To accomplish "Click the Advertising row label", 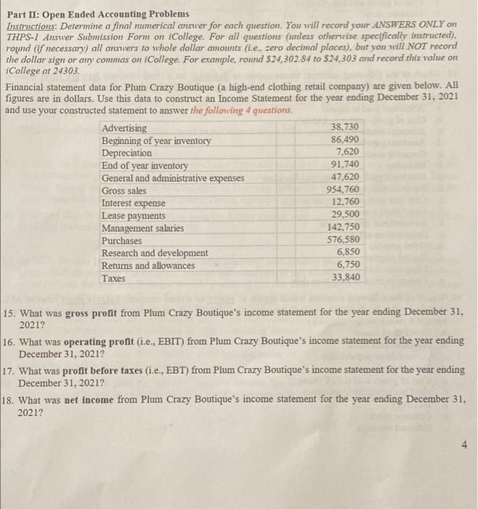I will click(x=123, y=128).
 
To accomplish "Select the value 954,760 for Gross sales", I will click(x=344, y=191).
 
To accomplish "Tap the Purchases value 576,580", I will click(x=344, y=240).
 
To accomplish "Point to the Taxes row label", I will click(x=113, y=278).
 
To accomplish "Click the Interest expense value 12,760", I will click(x=346, y=203).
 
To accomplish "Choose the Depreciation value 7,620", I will click(x=348, y=153).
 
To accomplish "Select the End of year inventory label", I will click(x=145, y=166).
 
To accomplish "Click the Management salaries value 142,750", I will click(x=344, y=228).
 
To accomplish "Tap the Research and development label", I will click(x=154, y=253).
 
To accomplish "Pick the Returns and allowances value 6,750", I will click(x=348, y=265).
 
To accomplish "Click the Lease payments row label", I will click(x=133, y=215).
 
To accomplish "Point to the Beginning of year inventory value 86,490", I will click(x=346, y=140).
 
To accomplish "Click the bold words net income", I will click(x=81, y=399).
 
